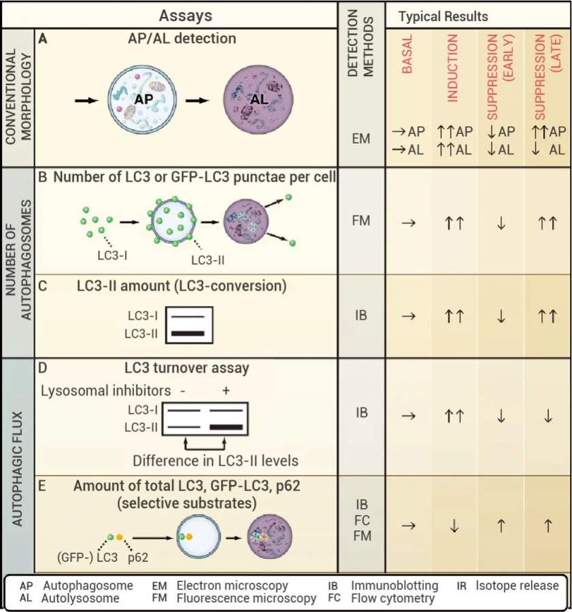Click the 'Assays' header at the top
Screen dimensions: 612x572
click(185, 14)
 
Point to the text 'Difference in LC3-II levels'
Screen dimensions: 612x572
click(216, 460)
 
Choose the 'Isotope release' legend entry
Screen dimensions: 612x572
click(517, 585)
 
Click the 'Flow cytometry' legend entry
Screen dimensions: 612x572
click(392, 599)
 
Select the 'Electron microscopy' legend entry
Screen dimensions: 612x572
click(232, 585)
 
